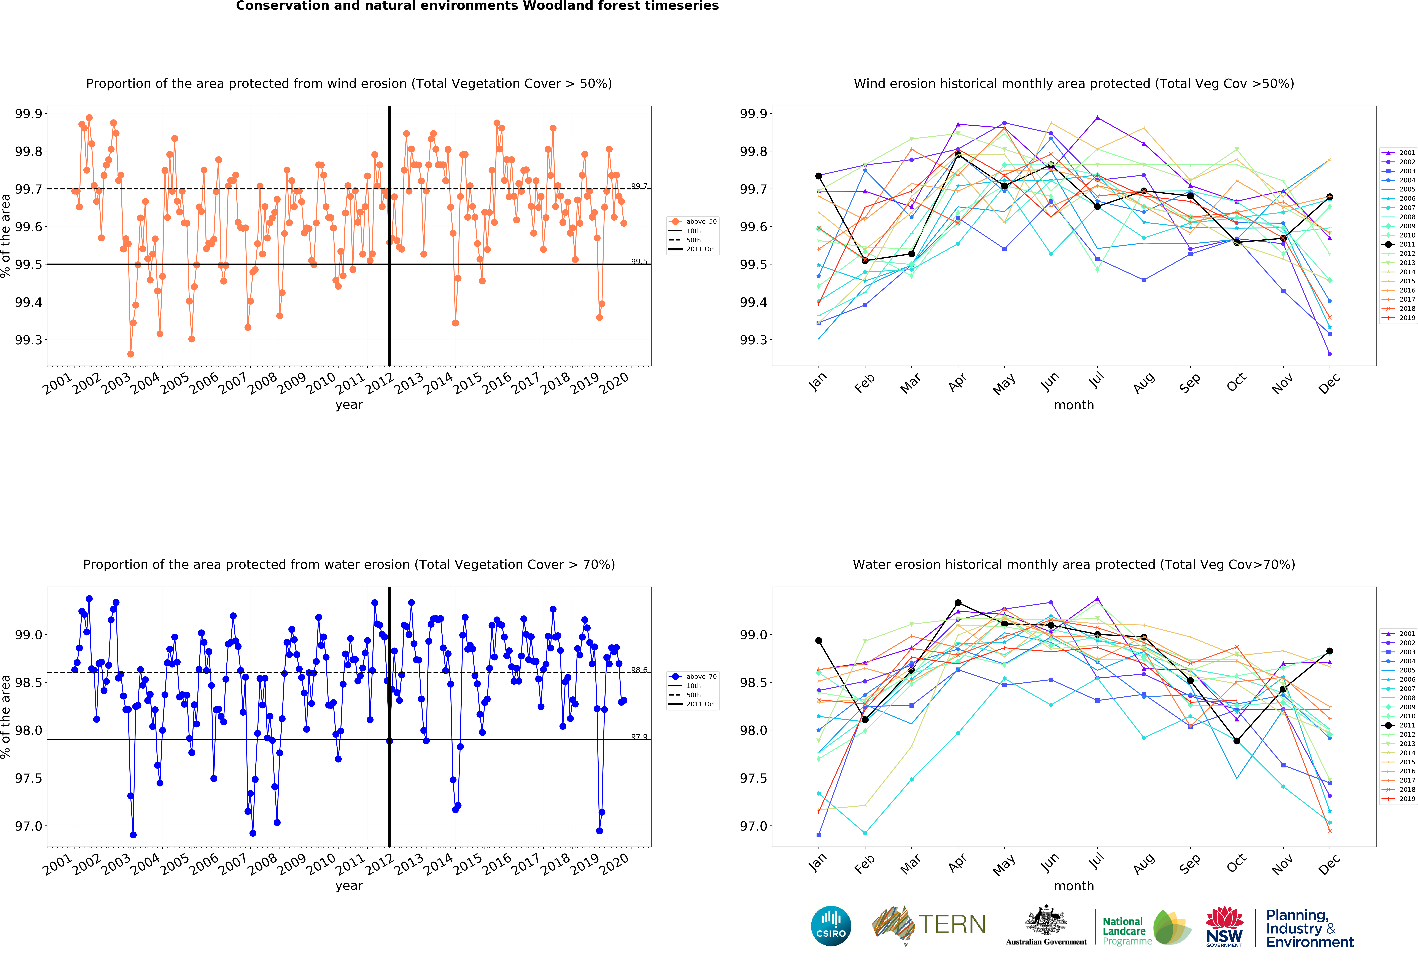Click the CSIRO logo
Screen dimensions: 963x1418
[x=831, y=926]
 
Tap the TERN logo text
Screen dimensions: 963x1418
[x=952, y=925]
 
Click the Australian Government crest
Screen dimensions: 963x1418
[x=1046, y=921]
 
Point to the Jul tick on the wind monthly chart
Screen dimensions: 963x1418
[x=1096, y=380]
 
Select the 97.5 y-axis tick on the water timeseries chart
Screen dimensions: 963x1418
[x=29, y=778]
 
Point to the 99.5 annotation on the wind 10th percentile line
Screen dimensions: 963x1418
[x=639, y=262]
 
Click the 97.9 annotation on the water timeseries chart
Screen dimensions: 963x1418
[x=639, y=737]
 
